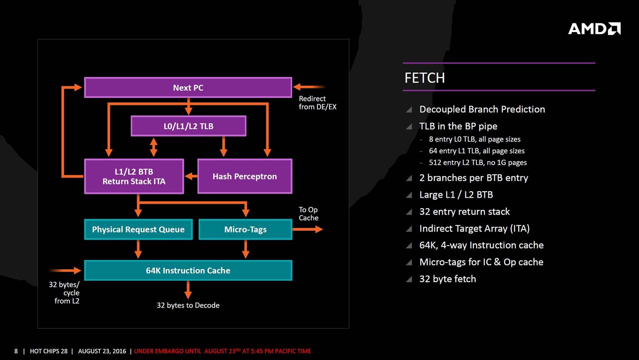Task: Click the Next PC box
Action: coord(188,87)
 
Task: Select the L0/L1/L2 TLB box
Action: coord(188,126)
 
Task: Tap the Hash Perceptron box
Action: coord(245,176)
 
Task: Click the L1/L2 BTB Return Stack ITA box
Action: coord(134,176)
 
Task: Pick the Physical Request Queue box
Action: coord(138,230)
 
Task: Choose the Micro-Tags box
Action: coord(245,230)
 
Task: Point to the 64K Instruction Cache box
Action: coord(188,270)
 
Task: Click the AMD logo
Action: coord(594,28)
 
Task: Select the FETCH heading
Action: coord(424,78)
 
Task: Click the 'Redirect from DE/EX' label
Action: coord(318,103)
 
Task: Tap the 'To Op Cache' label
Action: coord(309,214)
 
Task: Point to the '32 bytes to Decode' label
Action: coord(188,305)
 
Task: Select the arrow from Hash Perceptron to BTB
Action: coord(191,176)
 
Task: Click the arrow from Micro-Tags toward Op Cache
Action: coord(308,229)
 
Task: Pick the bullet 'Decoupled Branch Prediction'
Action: coord(482,109)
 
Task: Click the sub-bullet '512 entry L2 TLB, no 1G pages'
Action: coord(477,162)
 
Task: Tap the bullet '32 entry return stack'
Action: coord(464,212)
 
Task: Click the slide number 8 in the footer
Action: coord(16,351)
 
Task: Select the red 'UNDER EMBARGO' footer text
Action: coord(223,351)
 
